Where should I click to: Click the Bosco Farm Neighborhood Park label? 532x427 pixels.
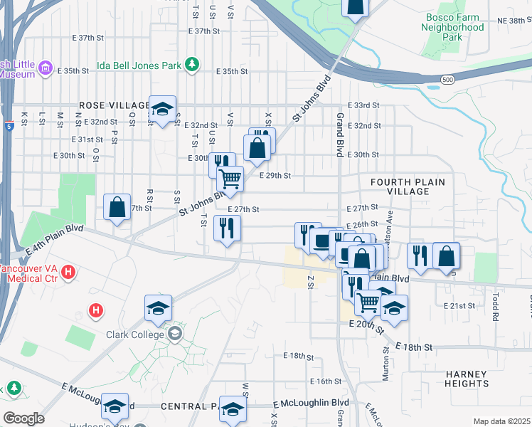coord(453,27)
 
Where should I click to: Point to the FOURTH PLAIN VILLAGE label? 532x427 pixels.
coord(408,186)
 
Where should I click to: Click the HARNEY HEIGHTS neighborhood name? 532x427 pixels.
coord(466,379)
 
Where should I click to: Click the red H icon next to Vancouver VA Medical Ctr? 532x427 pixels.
coord(68,271)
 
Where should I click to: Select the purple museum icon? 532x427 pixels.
coord(46,68)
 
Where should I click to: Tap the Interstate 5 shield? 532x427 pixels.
coord(8,126)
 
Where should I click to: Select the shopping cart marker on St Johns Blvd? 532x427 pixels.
coord(230,179)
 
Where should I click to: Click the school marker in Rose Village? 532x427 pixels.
coord(163,109)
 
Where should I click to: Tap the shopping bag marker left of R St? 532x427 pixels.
coord(117,207)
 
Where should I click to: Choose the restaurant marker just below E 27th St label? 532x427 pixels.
coord(228,228)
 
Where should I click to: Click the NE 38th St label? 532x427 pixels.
coord(509,21)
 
